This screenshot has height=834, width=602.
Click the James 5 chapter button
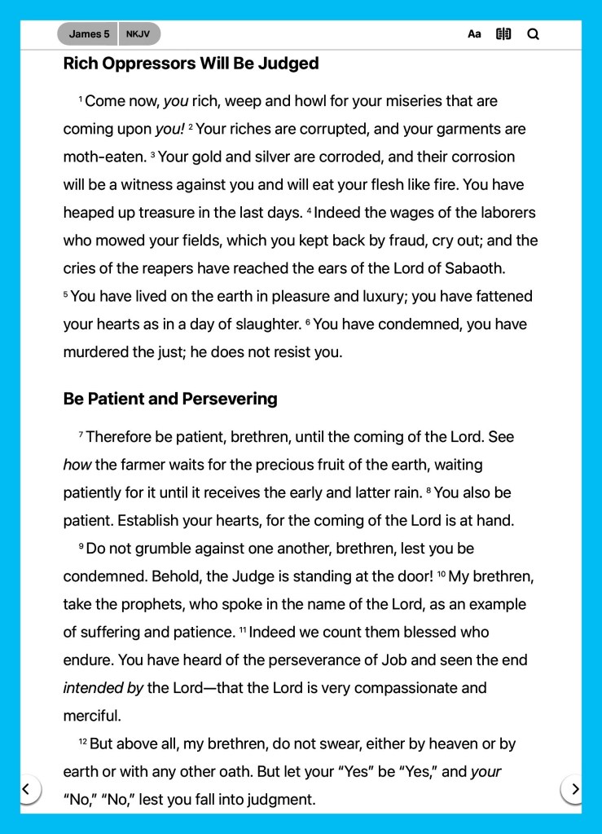coord(89,34)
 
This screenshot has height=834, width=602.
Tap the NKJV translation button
coord(138,34)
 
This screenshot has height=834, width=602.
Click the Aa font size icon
coord(474,34)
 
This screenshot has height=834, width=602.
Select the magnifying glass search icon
coord(534,34)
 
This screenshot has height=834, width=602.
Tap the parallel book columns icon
coord(503,34)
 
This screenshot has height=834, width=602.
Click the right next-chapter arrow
coord(574,788)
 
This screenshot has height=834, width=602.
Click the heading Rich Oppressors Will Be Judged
coord(191,64)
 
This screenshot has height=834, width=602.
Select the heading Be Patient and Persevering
coord(170,399)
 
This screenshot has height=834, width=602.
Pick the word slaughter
coord(261,324)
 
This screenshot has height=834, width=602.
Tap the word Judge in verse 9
coord(253,576)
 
